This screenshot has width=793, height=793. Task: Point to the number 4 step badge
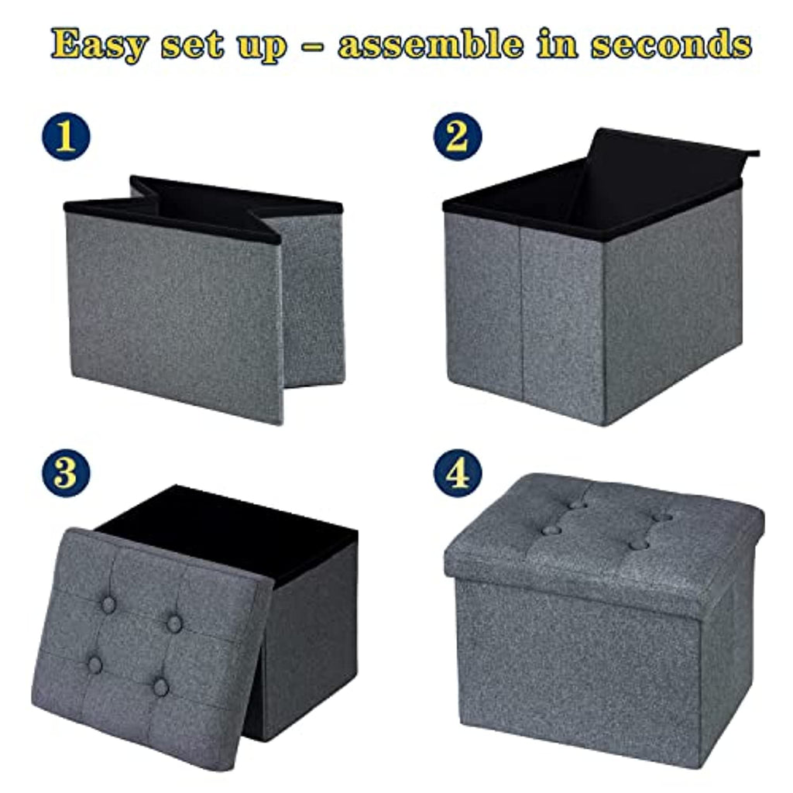(457, 472)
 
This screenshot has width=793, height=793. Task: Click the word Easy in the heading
(99, 45)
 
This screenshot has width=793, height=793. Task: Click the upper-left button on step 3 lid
(109, 604)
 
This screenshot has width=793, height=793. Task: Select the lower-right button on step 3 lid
(160, 686)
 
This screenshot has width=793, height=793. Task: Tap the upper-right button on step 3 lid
(175, 623)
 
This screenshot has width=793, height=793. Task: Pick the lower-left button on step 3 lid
(94, 664)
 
